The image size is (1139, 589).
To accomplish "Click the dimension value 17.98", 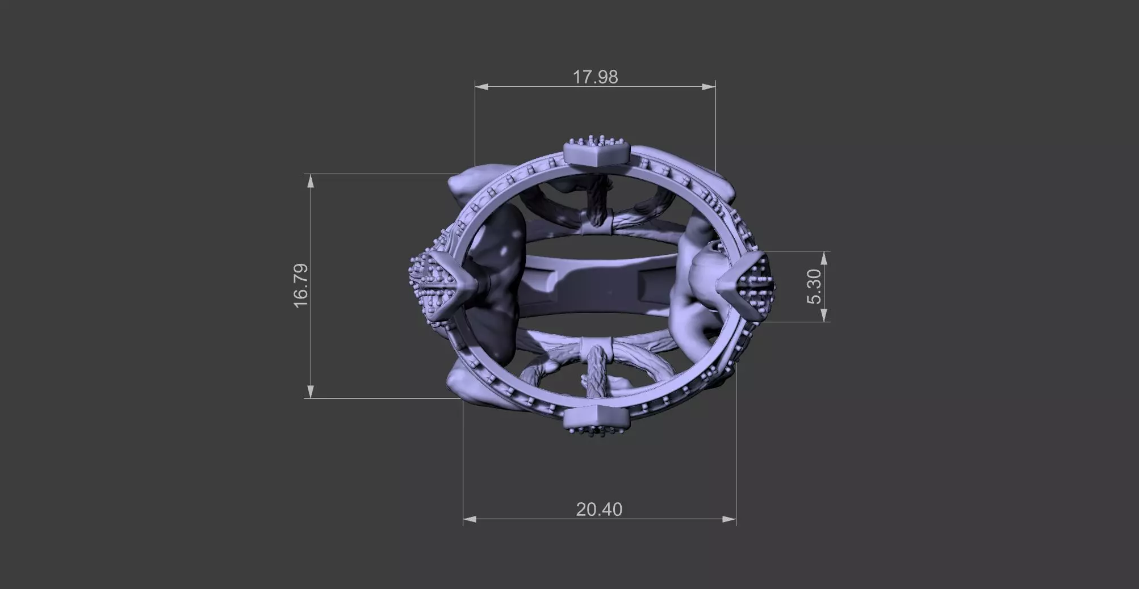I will coord(594,77).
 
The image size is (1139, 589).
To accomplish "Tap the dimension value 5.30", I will coord(814,286).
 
